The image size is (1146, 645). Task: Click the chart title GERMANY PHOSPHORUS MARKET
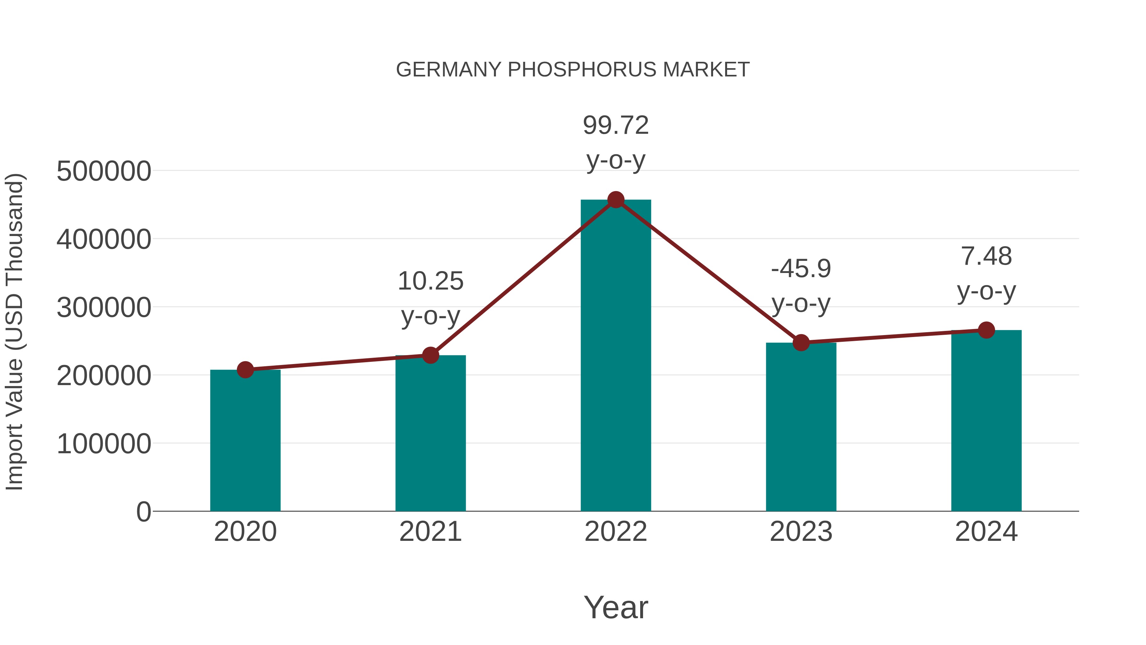tap(573, 70)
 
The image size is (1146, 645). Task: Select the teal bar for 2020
tap(245, 441)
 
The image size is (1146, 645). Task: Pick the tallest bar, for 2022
tap(616, 356)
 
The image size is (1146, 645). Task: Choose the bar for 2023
tap(801, 427)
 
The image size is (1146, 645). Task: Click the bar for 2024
tap(986, 421)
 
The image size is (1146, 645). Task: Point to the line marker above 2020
tap(245, 369)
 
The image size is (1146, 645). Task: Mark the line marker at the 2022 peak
tap(616, 200)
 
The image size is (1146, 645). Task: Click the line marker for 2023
tap(801, 343)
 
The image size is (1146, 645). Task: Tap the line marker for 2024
tap(986, 330)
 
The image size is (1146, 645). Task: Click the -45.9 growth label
tap(801, 269)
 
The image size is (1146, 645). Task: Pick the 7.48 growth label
tap(986, 256)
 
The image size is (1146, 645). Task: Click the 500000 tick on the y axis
tap(104, 171)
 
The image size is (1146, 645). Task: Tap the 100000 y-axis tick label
tap(104, 444)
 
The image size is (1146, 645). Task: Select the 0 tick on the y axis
tap(143, 512)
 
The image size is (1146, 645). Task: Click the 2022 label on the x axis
tap(616, 532)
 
